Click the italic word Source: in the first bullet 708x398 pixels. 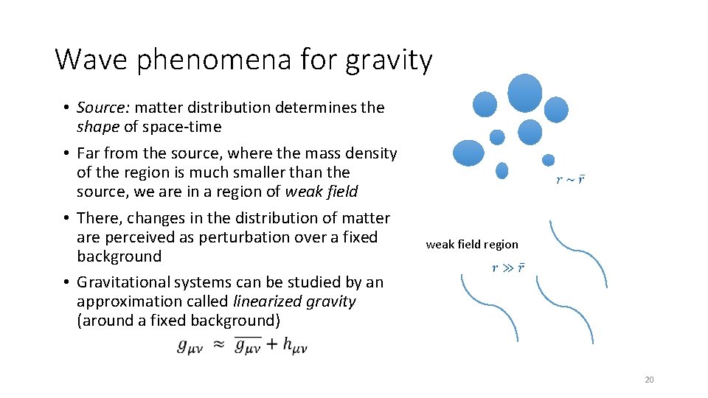[103, 108]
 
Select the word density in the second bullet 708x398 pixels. [372, 153]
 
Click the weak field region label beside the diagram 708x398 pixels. [472, 245]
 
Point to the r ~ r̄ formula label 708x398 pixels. [570, 180]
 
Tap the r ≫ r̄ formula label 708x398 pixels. [508, 268]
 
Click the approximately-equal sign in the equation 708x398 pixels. [219, 345]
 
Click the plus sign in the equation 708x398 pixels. [271, 344]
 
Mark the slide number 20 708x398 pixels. [649, 380]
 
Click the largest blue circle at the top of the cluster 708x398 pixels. [525, 92]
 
